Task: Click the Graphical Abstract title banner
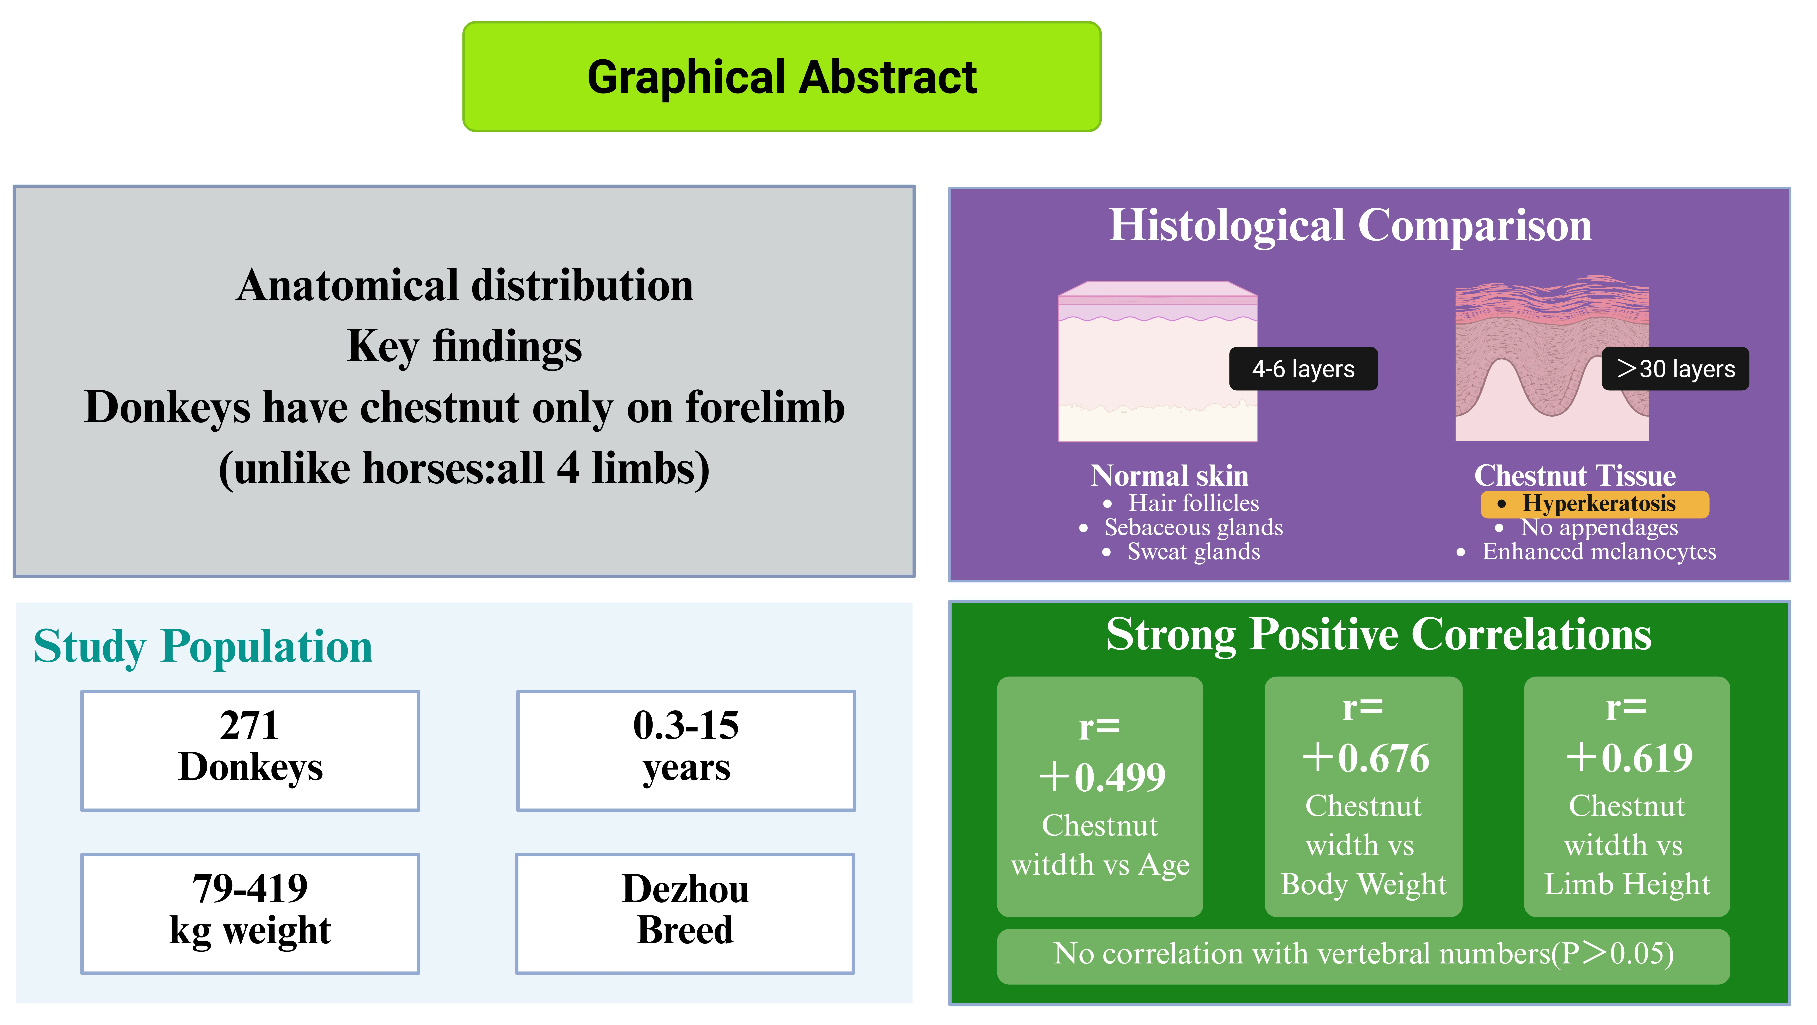pos(782,76)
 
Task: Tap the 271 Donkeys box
pos(250,751)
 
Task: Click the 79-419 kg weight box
pos(250,914)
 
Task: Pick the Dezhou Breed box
pos(685,914)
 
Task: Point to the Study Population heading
pos(203,646)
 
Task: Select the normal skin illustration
pos(1157,361)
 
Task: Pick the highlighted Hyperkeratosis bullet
pos(1595,504)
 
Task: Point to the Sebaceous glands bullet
pos(1181,528)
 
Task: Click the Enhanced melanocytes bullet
pos(1586,552)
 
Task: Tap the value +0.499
pos(1102,777)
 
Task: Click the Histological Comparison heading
pos(1350,226)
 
